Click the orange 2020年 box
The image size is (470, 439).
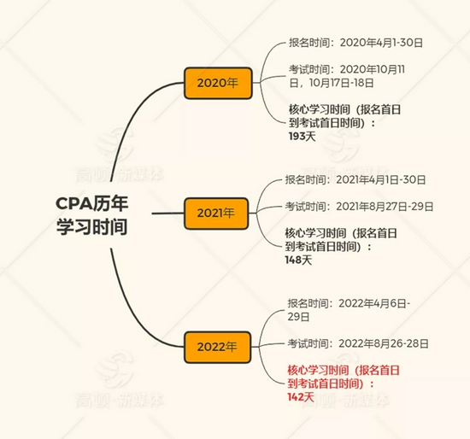(x=218, y=83)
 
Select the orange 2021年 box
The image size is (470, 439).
(x=216, y=214)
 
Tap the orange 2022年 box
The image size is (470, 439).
(x=217, y=347)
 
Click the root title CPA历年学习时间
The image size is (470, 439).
(x=92, y=215)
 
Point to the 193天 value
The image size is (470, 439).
(x=303, y=137)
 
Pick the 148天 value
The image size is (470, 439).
(x=298, y=260)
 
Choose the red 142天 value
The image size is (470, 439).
(x=301, y=397)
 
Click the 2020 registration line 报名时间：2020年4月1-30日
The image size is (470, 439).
(x=355, y=43)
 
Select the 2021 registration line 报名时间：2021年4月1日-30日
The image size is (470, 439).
(x=355, y=180)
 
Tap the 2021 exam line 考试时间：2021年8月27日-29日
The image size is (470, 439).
(x=359, y=207)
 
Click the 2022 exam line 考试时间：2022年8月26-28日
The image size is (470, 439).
(x=358, y=343)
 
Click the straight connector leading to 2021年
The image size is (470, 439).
(x=167, y=214)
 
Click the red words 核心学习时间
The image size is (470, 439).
(x=318, y=371)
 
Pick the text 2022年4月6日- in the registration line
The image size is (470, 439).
(x=374, y=303)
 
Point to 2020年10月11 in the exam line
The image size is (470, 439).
(x=373, y=69)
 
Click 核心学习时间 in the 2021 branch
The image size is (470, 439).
(x=315, y=233)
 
